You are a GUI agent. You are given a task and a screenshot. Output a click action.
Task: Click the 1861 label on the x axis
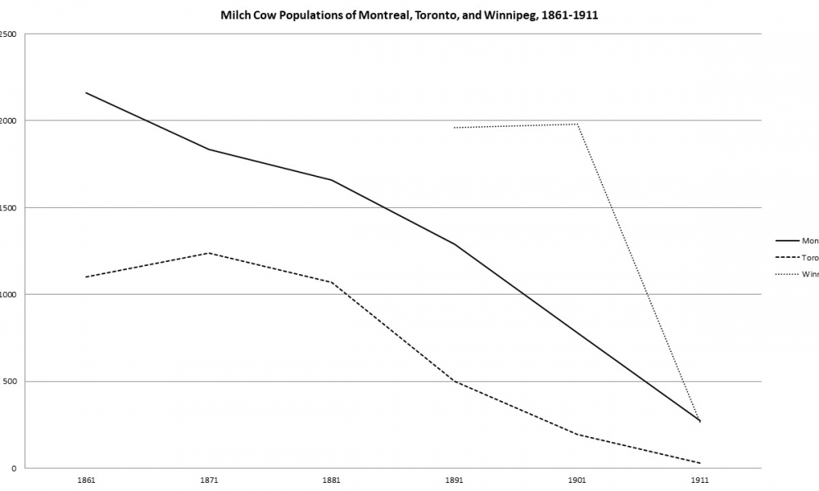86,480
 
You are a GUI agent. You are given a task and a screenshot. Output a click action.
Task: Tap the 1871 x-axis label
209,480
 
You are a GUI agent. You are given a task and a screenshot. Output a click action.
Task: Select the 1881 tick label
332,480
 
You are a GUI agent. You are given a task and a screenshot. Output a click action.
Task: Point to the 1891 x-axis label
455,480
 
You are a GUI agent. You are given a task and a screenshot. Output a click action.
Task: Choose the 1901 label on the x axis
577,480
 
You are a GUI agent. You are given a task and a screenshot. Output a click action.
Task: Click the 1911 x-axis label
700,480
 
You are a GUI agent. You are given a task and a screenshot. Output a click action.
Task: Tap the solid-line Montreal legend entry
799,241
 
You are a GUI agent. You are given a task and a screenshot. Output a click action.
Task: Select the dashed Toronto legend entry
799,258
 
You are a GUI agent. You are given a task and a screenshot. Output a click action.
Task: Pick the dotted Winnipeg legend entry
799,275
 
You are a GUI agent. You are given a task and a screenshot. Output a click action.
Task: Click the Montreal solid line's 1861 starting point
86,92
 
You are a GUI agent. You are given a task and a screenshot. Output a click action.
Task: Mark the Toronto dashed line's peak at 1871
209,253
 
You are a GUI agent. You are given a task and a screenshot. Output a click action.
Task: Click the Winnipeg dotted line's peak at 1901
577,124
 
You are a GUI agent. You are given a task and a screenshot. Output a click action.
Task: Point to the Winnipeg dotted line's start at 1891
455,128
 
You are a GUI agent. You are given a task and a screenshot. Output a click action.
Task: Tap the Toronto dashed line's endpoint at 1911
700,463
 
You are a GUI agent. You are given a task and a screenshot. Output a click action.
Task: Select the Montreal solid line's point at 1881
332,180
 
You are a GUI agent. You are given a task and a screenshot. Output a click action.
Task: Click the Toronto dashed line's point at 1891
455,381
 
